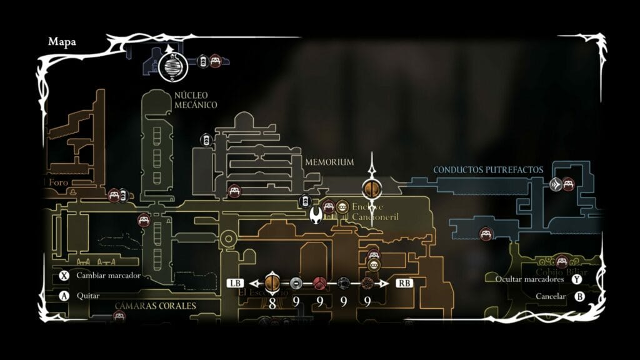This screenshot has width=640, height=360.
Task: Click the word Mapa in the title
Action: [x=62, y=42]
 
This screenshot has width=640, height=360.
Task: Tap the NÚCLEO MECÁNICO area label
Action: [x=196, y=101]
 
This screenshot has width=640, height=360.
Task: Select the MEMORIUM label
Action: [x=329, y=162]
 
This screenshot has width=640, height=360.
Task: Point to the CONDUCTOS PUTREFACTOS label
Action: [x=488, y=169]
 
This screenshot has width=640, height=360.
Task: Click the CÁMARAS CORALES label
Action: [x=155, y=306]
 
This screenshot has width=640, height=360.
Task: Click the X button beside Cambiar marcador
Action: [x=63, y=276]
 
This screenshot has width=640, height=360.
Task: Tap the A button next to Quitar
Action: [x=63, y=296]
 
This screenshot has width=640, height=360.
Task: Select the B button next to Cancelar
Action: [x=579, y=296]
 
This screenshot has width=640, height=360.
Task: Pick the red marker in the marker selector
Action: [x=319, y=283]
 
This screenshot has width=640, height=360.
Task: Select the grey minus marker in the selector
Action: [x=296, y=283]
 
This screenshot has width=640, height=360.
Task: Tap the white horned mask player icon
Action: [x=316, y=215]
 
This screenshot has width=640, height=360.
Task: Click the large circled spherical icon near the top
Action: [x=173, y=66]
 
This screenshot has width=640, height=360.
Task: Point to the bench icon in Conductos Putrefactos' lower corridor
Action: [x=486, y=234]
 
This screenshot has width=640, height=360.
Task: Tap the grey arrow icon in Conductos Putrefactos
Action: [x=556, y=184]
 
